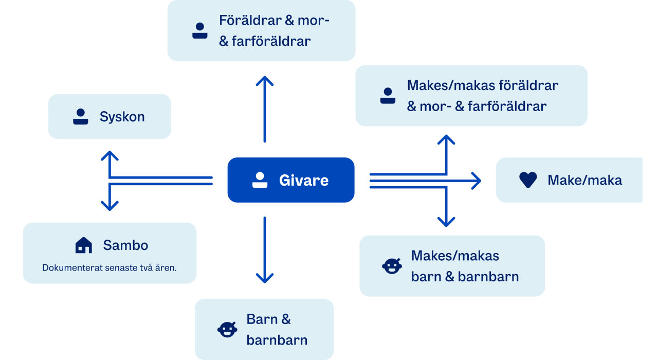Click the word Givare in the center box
click(303, 181)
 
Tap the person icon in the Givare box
click(260, 180)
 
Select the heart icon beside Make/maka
click(528, 180)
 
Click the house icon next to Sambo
click(83, 245)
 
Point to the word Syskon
click(122, 117)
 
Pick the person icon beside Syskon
click(80, 117)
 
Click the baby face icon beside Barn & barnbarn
click(227, 329)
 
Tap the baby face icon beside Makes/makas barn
click(392, 265)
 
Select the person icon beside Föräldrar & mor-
click(199, 31)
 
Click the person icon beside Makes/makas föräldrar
click(388, 96)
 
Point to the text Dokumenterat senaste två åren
click(109, 267)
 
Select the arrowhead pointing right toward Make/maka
click(477, 181)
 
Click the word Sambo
click(125, 245)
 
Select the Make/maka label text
click(584, 180)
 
